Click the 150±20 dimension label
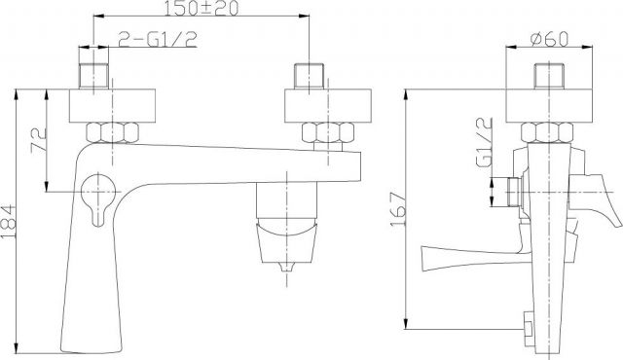(x=202, y=8)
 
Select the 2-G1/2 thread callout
(x=158, y=39)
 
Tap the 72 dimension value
(x=39, y=139)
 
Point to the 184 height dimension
(x=9, y=222)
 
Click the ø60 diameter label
(x=549, y=39)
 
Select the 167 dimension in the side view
(x=398, y=209)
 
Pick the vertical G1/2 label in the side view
(x=485, y=142)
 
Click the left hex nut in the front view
(x=113, y=132)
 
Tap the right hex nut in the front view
(x=328, y=132)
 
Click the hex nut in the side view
(x=547, y=132)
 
